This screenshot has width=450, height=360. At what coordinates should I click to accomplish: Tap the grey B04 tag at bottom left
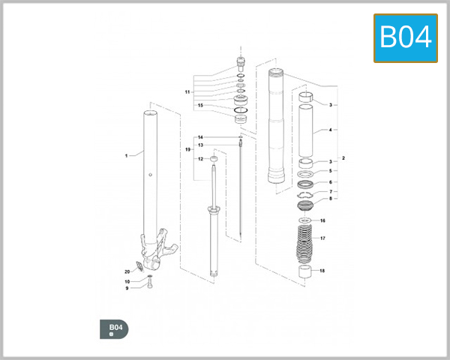(x=115, y=328)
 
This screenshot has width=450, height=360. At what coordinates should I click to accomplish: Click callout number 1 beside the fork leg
(x=127, y=155)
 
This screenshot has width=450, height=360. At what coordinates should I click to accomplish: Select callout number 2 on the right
(x=343, y=158)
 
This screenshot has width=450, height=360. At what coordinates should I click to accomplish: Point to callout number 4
(x=330, y=130)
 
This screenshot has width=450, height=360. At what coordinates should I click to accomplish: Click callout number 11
(x=187, y=91)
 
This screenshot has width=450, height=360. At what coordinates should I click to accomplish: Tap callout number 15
(x=200, y=106)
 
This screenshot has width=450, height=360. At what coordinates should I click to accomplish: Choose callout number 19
(x=187, y=150)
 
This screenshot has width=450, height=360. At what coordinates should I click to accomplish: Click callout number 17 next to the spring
(x=322, y=238)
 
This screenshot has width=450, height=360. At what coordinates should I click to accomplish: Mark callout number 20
(x=127, y=271)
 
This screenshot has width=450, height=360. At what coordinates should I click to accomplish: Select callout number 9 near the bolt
(x=127, y=288)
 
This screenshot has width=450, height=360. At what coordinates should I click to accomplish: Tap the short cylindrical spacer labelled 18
(x=304, y=271)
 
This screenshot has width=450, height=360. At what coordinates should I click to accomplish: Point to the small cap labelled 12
(x=214, y=158)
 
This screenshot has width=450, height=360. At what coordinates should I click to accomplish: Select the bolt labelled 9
(x=150, y=286)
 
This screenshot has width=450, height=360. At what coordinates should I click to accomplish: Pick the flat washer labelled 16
(x=304, y=220)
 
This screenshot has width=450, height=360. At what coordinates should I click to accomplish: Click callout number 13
(x=200, y=145)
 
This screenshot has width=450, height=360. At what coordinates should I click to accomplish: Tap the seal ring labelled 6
(x=305, y=184)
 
